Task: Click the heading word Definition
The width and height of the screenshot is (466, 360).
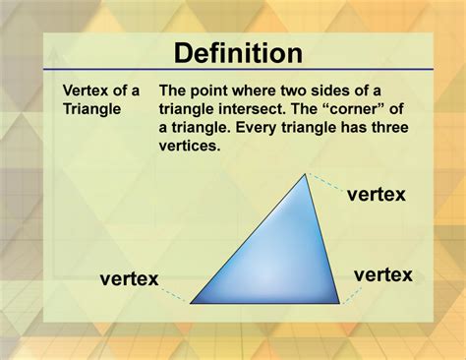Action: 232,51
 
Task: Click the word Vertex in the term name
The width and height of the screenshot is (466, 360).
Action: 85,89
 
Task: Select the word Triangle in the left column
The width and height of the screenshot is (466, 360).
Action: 91,108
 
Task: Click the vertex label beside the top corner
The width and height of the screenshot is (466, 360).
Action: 376,194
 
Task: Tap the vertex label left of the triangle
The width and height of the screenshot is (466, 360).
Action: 129,279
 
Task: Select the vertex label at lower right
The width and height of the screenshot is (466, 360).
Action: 382,274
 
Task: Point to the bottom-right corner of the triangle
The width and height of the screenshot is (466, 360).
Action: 340,303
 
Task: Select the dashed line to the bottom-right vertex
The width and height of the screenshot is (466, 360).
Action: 349,293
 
